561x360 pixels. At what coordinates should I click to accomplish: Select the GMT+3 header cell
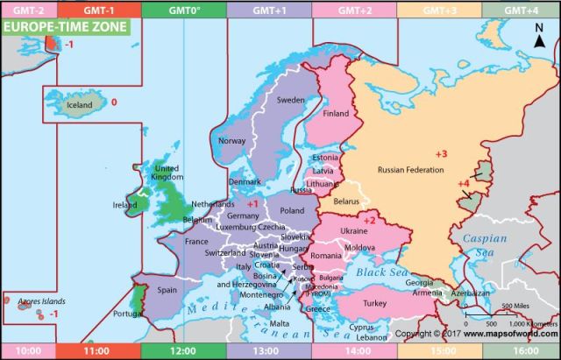click(x=437, y=10)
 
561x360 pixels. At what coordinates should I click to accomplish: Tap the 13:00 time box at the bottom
click(x=267, y=350)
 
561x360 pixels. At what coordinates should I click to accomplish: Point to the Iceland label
click(x=80, y=106)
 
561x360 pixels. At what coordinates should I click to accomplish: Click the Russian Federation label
click(x=411, y=169)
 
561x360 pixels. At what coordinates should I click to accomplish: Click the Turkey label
click(x=374, y=303)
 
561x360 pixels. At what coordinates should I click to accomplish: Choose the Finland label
click(x=336, y=113)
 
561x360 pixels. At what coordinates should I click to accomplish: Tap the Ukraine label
click(x=353, y=229)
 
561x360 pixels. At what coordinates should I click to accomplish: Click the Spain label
click(x=167, y=289)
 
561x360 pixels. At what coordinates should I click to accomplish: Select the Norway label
click(x=231, y=141)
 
